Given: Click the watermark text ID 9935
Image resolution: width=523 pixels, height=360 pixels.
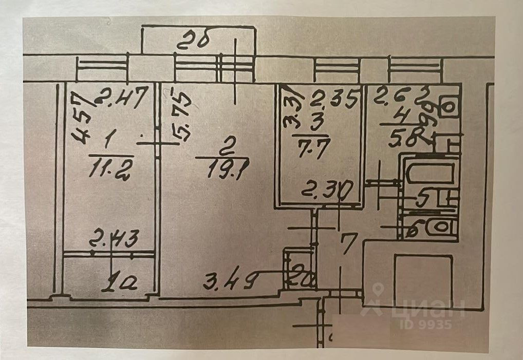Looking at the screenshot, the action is coord(424,325).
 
